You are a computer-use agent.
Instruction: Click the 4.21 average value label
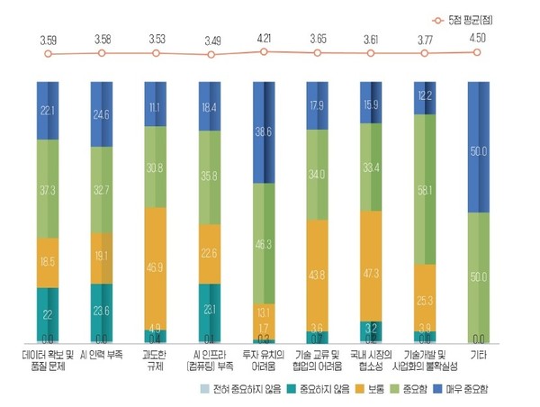(264, 40)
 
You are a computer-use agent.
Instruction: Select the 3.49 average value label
(210, 41)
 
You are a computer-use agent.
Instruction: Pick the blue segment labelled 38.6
(264, 131)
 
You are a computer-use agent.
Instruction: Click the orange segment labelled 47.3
(372, 268)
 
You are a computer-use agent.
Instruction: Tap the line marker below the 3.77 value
(426, 53)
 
